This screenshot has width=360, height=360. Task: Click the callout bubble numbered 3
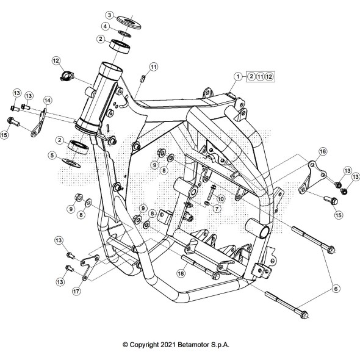point(109,15)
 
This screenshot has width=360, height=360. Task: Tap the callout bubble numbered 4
point(105,26)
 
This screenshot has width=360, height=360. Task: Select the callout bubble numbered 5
point(52,156)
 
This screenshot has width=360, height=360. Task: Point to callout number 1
point(238,76)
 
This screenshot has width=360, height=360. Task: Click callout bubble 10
point(220,198)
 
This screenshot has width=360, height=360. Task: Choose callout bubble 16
point(323,151)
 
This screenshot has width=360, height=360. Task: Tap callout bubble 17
point(76,291)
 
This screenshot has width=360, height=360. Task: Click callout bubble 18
point(181,273)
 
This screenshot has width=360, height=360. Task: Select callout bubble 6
point(336,289)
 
